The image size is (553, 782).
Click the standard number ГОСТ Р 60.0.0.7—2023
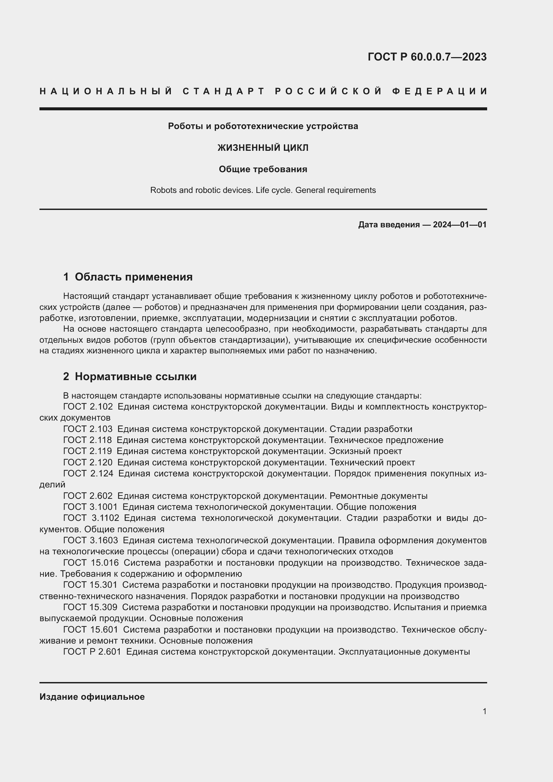tap(427, 57)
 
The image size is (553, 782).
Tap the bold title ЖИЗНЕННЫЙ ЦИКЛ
tap(263, 148)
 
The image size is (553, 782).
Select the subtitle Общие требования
tap(263, 169)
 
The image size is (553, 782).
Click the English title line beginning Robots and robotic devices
tap(263, 190)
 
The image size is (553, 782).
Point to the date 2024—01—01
tap(460, 225)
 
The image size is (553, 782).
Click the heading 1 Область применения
tap(128, 277)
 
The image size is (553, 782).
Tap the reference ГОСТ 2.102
tap(88, 407)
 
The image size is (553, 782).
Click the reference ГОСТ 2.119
tap(88, 451)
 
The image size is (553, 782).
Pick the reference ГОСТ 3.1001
tap(90, 507)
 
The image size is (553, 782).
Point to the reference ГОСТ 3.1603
tap(91, 540)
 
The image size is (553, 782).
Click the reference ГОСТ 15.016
tap(91, 563)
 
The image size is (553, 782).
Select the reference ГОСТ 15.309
tap(90, 607)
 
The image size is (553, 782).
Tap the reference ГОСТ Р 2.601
tap(92, 652)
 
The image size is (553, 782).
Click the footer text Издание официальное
tap(92, 697)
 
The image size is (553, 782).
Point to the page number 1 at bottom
tap(484, 711)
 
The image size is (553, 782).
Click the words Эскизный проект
tap(365, 451)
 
